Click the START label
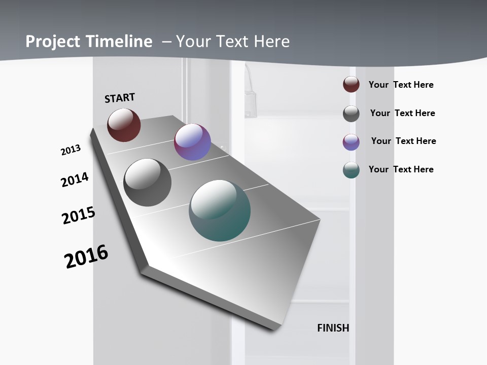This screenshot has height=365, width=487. coord(120,98)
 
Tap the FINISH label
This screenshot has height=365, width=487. coord(333,328)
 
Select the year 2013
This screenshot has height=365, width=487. coord(71,150)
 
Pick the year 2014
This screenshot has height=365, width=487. coord(75,179)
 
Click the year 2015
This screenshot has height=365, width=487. coord(79,215)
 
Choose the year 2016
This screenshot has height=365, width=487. coord(86,257)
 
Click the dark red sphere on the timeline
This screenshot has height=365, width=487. coord(124,125)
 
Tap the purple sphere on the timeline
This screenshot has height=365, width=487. coord(192,142)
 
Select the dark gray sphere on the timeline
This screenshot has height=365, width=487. coord(147,182)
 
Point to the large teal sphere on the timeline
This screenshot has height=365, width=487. coord(220,210)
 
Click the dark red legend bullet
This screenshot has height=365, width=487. coord(351,85)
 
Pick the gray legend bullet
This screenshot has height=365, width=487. coord(351,114)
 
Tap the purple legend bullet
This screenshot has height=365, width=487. coord(351,142)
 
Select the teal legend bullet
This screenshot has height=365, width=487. coord(351,170)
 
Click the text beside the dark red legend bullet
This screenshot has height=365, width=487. coord(401,85)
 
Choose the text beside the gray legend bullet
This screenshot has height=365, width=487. coord(402,113)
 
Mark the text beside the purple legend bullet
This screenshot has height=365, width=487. coord(403,141)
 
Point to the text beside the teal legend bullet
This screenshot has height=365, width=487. coord(401,169)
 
